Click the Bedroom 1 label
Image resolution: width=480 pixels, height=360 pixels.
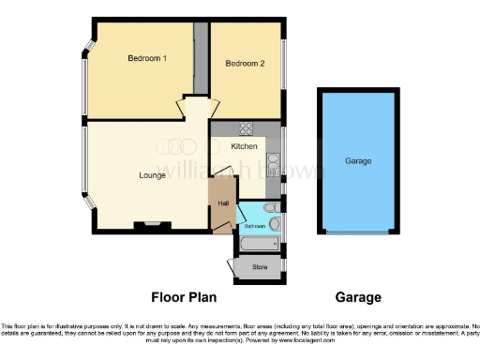click(x=147, y=59)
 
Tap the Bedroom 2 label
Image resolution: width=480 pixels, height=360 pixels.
click(x=245, y=63)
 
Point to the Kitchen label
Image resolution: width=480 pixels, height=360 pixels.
click(x=232, y=146)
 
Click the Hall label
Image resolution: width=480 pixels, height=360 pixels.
click(x=222, y=204)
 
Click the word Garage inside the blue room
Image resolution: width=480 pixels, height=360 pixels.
click(x=358, y=161)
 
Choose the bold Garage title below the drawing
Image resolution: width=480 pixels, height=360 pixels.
click(x=358, y=298)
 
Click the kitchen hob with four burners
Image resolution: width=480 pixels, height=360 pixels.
click(x=247, y=128)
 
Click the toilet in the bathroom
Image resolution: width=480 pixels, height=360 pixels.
click(x=270, y=207)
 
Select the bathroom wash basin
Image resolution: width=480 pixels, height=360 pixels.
click(x=276, y=224)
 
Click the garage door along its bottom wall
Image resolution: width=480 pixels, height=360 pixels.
click(x=358, y=232)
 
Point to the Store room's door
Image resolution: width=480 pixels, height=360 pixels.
click(x=231, y=265)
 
